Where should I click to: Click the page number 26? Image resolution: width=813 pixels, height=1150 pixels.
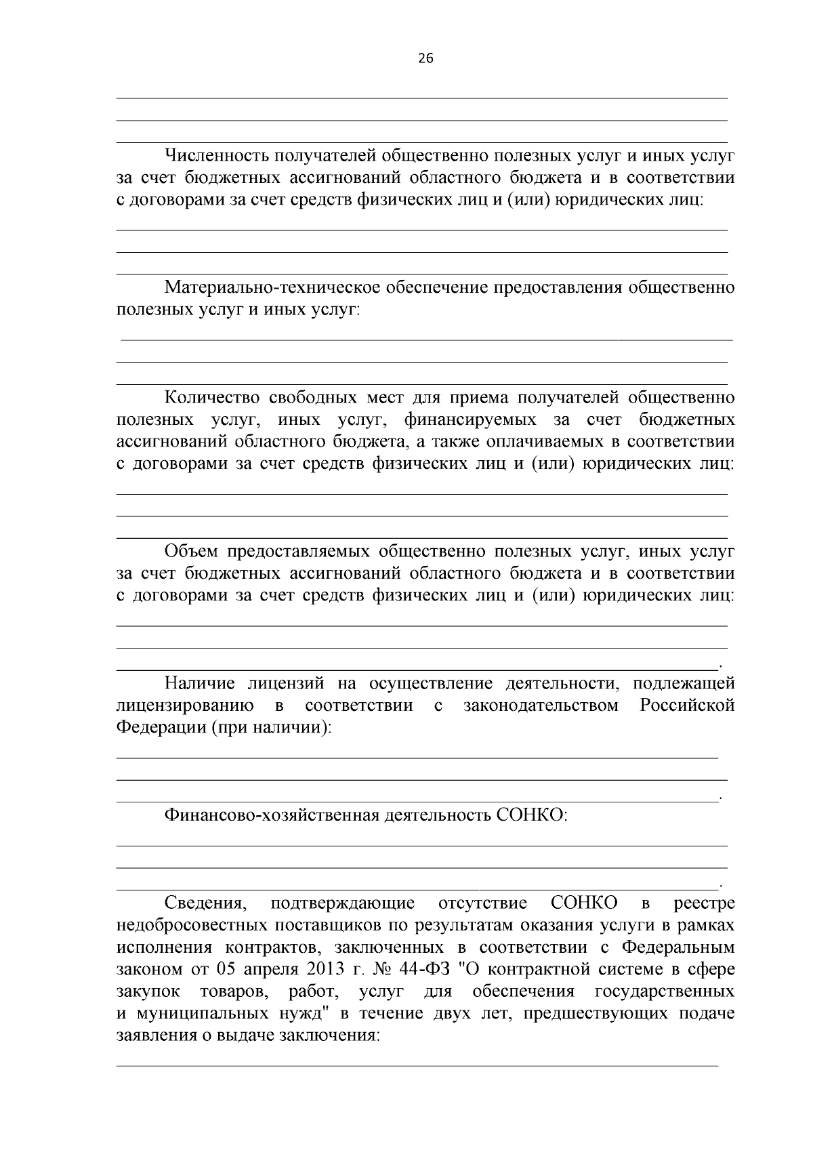425,58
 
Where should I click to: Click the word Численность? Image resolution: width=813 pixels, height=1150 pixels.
216,157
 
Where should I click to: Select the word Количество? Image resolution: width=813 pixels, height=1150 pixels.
209,398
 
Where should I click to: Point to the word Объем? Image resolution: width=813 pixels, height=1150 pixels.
189,552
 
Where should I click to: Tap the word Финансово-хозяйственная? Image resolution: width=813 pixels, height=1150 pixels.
271,815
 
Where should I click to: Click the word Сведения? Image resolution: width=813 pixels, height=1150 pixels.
204,903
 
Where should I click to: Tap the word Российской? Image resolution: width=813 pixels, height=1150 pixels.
687,705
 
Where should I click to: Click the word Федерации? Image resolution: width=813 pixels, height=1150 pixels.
159,728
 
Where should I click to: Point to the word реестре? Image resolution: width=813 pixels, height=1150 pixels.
705,903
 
